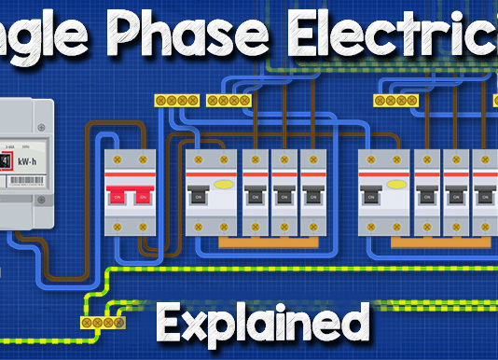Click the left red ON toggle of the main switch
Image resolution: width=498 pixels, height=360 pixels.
point(118,197)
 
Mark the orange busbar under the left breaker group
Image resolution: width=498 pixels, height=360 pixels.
point(270,242)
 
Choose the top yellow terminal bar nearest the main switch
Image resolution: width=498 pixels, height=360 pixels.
point(173,99)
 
